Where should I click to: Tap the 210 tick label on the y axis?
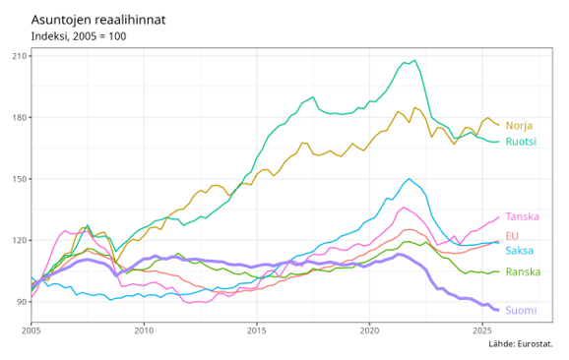(19, 55)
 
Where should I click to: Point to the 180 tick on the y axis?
(19, 117)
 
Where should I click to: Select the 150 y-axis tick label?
(19, 179)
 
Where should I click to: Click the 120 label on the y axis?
(19, 240)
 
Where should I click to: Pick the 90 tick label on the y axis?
(21, 302)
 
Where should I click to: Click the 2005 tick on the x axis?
(32, 331)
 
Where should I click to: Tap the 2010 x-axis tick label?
(144, 331)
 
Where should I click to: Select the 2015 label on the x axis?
(257, 331)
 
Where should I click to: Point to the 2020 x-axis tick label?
(369, 331)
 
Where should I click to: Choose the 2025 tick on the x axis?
(481, 331)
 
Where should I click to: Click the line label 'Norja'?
(519, 126)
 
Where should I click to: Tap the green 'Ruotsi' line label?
(521, 142)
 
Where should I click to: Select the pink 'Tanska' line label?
(523, 216)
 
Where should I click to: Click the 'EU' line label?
(512, 236)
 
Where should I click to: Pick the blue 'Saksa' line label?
(520, 251)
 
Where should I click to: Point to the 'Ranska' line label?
(523, 271)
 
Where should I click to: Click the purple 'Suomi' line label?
(521, 311)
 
